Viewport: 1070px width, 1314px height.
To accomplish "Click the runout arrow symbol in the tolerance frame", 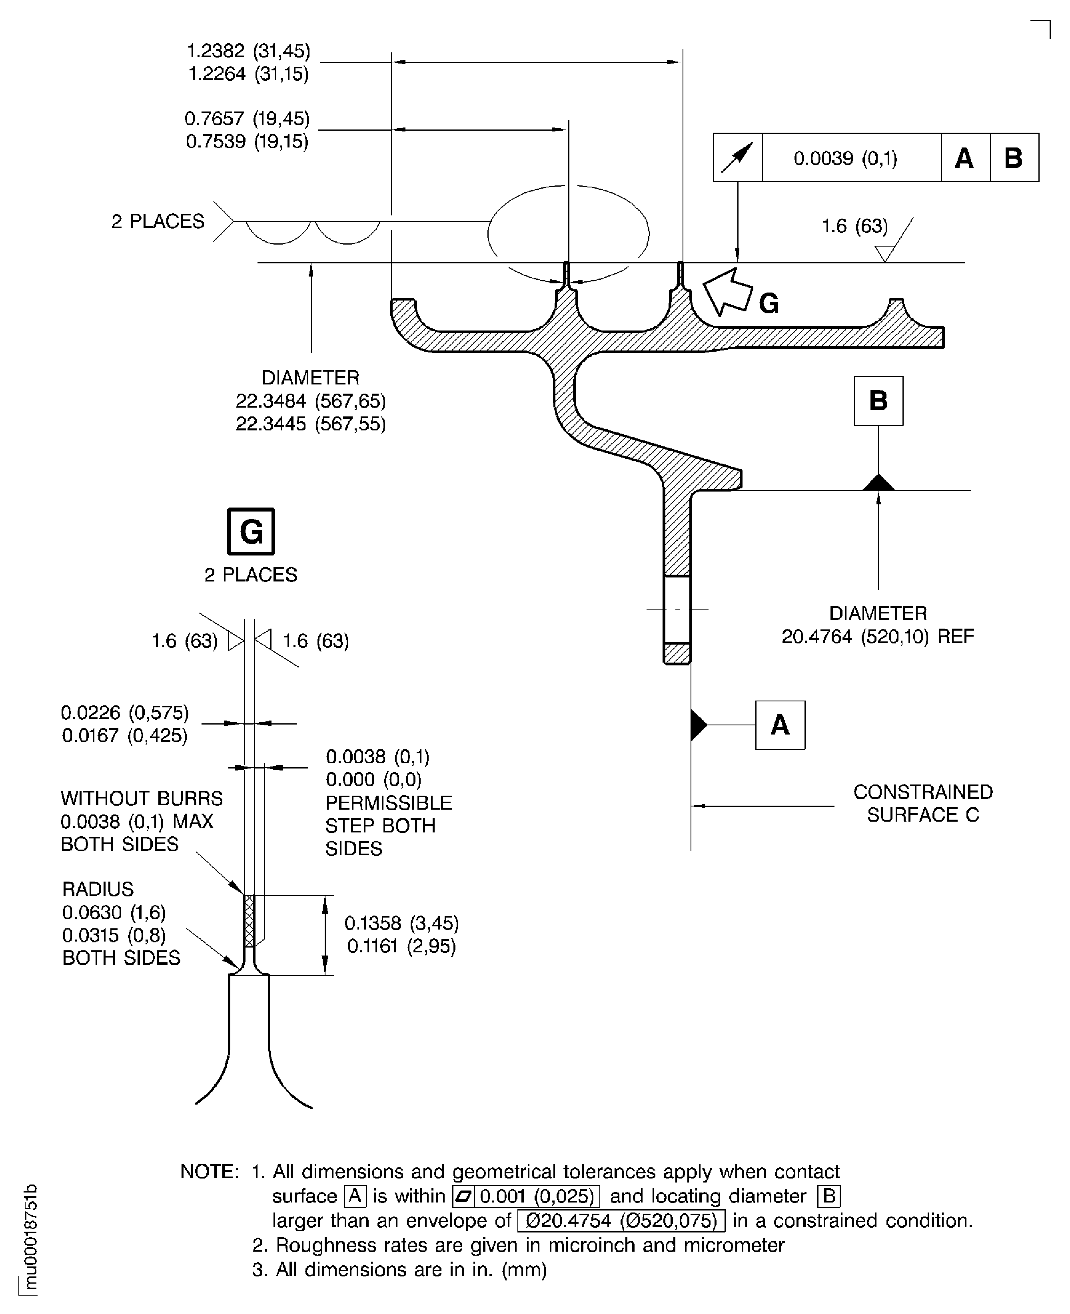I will (x=737, y=158).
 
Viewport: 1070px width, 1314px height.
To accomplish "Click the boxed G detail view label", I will (x=251, y=531).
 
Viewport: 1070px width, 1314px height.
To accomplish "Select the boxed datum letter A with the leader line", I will (x=780, y=725).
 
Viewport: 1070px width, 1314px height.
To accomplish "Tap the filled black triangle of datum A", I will (x=698, y=725).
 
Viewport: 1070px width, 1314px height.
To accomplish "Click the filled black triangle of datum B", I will (x=878, y=483).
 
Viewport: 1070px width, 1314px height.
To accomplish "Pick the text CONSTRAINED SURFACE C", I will (x=923, y=803).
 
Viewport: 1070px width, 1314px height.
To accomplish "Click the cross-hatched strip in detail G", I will (x=249, y=920).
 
